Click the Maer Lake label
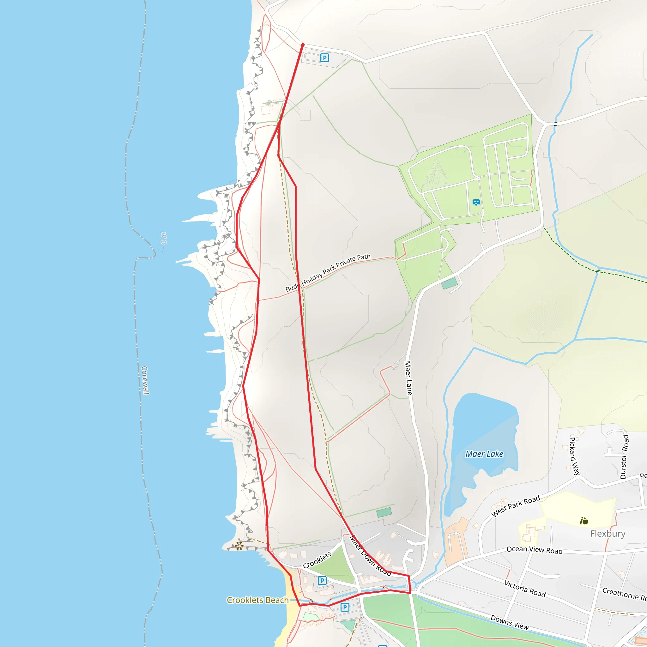(484, 454)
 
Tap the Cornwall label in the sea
(145, 380)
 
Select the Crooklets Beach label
(257, 600)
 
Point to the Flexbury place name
(608, 534)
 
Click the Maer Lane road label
(408, 378)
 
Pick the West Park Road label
(515, 506)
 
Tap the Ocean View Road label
(535, 550)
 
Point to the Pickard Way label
(575, 456)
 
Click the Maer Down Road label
(370, 556)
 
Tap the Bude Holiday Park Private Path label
(328, 273)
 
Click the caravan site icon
(476, 202)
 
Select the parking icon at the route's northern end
(324, 58)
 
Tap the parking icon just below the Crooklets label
(322, 580)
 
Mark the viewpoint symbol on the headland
(239, 546)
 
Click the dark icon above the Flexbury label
(584, 521)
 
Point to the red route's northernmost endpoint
(303, 45)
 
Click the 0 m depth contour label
(164, 238)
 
